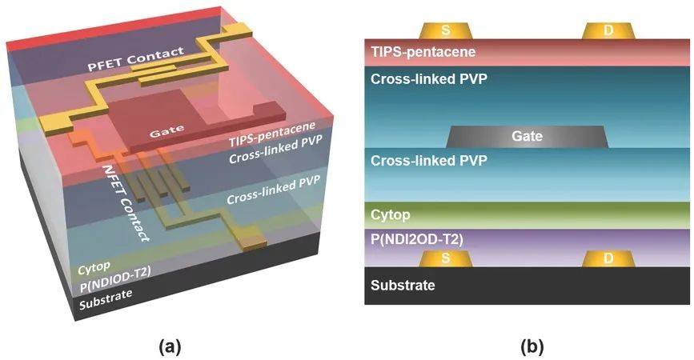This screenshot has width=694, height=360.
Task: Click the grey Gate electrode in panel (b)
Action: (527, 137)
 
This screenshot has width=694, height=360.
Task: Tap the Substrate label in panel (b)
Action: (403, 285)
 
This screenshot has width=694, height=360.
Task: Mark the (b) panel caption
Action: (532, 346)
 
